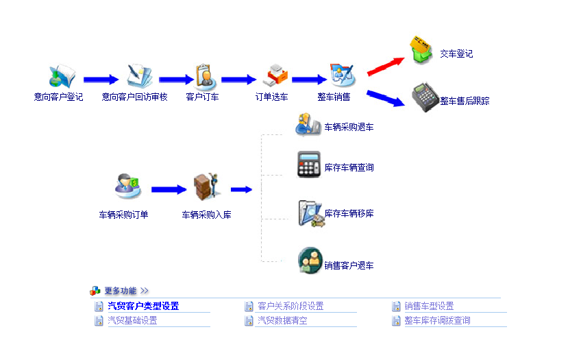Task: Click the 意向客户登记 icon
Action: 60,77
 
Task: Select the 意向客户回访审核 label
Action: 134,97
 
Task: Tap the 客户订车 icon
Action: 204,76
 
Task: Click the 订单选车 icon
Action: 275,76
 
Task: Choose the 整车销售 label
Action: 334,97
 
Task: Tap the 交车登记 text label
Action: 456,54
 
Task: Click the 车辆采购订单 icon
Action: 127,186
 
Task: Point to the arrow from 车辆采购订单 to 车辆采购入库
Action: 169,190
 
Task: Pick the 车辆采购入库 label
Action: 206,215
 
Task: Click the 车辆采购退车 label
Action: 349,127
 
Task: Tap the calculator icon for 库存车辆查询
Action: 309,165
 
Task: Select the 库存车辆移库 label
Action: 349,213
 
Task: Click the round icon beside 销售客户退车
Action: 310,261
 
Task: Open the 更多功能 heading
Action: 121,291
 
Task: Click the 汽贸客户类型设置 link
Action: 143,307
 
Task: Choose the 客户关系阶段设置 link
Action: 290,307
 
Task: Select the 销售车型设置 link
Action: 429,307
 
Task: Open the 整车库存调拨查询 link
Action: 437,320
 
